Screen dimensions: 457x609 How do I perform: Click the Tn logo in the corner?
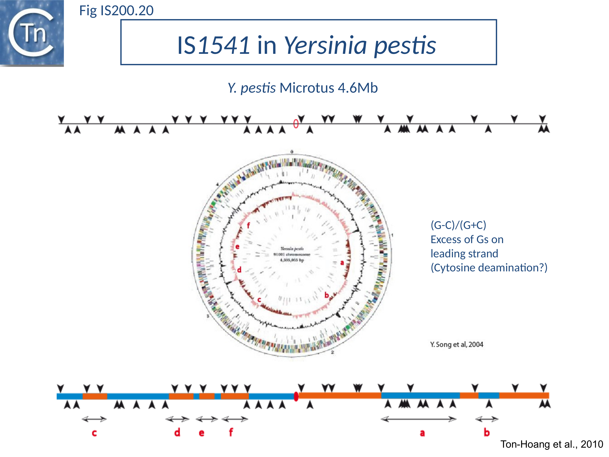(x=32, y=33)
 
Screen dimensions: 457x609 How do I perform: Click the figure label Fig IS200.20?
(x=116, y=11)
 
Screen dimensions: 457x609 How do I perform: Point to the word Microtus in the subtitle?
(x=307, y=88)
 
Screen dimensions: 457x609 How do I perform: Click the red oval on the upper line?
(x=296, y=123)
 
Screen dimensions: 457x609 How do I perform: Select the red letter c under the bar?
(x=94, y=433)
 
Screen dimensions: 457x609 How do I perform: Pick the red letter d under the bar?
(x=177, y=432)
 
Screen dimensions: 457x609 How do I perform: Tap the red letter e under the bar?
(x=202, y=433)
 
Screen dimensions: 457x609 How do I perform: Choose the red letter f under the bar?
(x=231, y=432)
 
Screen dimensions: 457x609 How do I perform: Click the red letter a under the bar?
(x=422, y=433)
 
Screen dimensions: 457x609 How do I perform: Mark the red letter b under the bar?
(x=486, y=432)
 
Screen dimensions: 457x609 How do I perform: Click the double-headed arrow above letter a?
(x=418, y=419)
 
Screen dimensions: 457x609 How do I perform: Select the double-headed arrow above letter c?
(x=94, y=419)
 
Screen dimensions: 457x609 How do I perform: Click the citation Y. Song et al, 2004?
(x=457, y=344)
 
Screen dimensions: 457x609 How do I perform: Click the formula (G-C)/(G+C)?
(x=458, y=225)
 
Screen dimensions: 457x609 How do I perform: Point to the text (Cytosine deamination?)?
(x=489, y=267)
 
